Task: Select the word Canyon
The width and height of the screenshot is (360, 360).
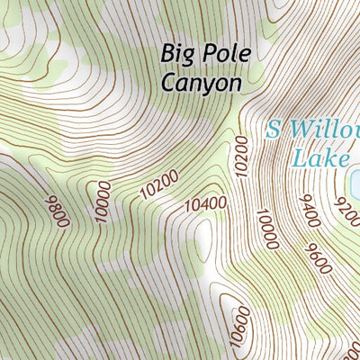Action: [202, 82]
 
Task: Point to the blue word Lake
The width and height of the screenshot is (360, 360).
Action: [320, 157]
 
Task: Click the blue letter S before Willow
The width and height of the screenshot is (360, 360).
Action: [274, 129]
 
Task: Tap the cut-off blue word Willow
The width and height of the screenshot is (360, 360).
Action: [324, 129]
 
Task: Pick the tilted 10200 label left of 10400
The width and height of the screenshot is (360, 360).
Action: [160, 184]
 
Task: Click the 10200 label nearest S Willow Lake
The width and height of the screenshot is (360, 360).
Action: [239, 157]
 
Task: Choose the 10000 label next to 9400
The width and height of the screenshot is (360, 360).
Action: [268, 229]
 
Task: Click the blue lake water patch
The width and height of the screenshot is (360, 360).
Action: [355, 184]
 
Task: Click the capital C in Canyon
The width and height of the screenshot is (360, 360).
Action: [169, 82]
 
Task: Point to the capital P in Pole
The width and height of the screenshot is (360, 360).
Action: [209, 53]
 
